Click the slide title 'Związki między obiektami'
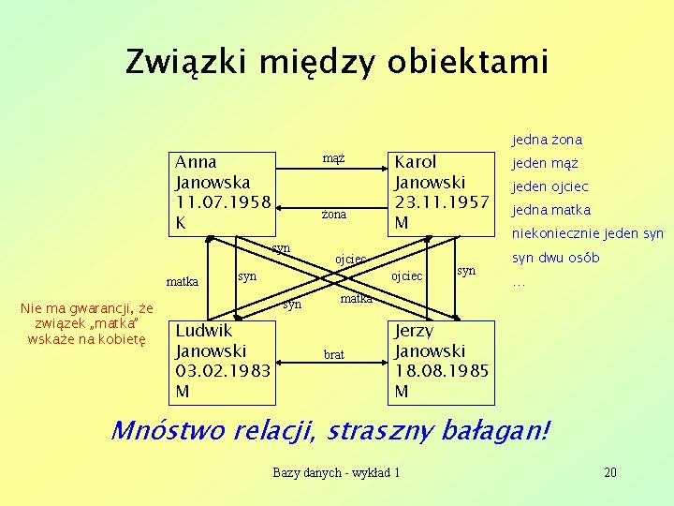click(336, 62)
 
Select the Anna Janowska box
click(224, 193)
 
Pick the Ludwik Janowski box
click(224, 360)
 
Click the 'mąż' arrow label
click(334, 158)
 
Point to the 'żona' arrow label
click(334, 215)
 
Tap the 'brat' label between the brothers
click(333, 355)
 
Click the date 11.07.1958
click(223, 202)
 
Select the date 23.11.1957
click(442, 201)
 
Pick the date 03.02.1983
click(224, 370)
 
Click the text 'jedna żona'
click(547, 140)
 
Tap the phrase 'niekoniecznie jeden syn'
click(587, 233)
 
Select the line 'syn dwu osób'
click(555, 258)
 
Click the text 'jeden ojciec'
click(549, 186)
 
